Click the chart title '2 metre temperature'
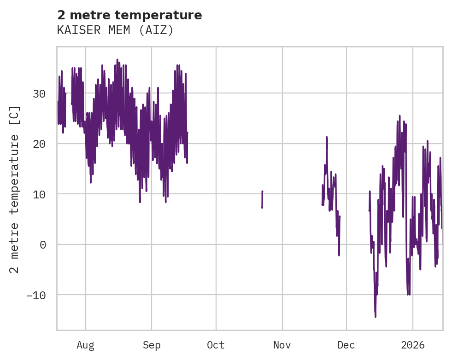pos(129,15)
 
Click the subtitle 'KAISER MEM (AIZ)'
pos(115,30)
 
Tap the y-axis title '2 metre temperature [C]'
pos(15,189)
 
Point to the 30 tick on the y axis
pos(39,93)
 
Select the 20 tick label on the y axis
pos(39,144)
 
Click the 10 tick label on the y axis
pos(39,194)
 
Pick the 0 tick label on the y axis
pos(42,244)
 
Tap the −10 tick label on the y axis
pos(36,295)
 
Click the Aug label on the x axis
pos(86,345)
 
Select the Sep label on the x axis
pos(152,345)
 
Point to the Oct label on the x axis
pos(216,345)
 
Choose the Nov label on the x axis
pos(282,345)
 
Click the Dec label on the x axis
pos(346,345)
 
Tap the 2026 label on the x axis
pos(412,345)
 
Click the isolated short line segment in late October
pos(262,199)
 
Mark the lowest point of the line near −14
pos(375,316)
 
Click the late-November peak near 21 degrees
pos(326,137)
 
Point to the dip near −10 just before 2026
pos(408,294)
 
